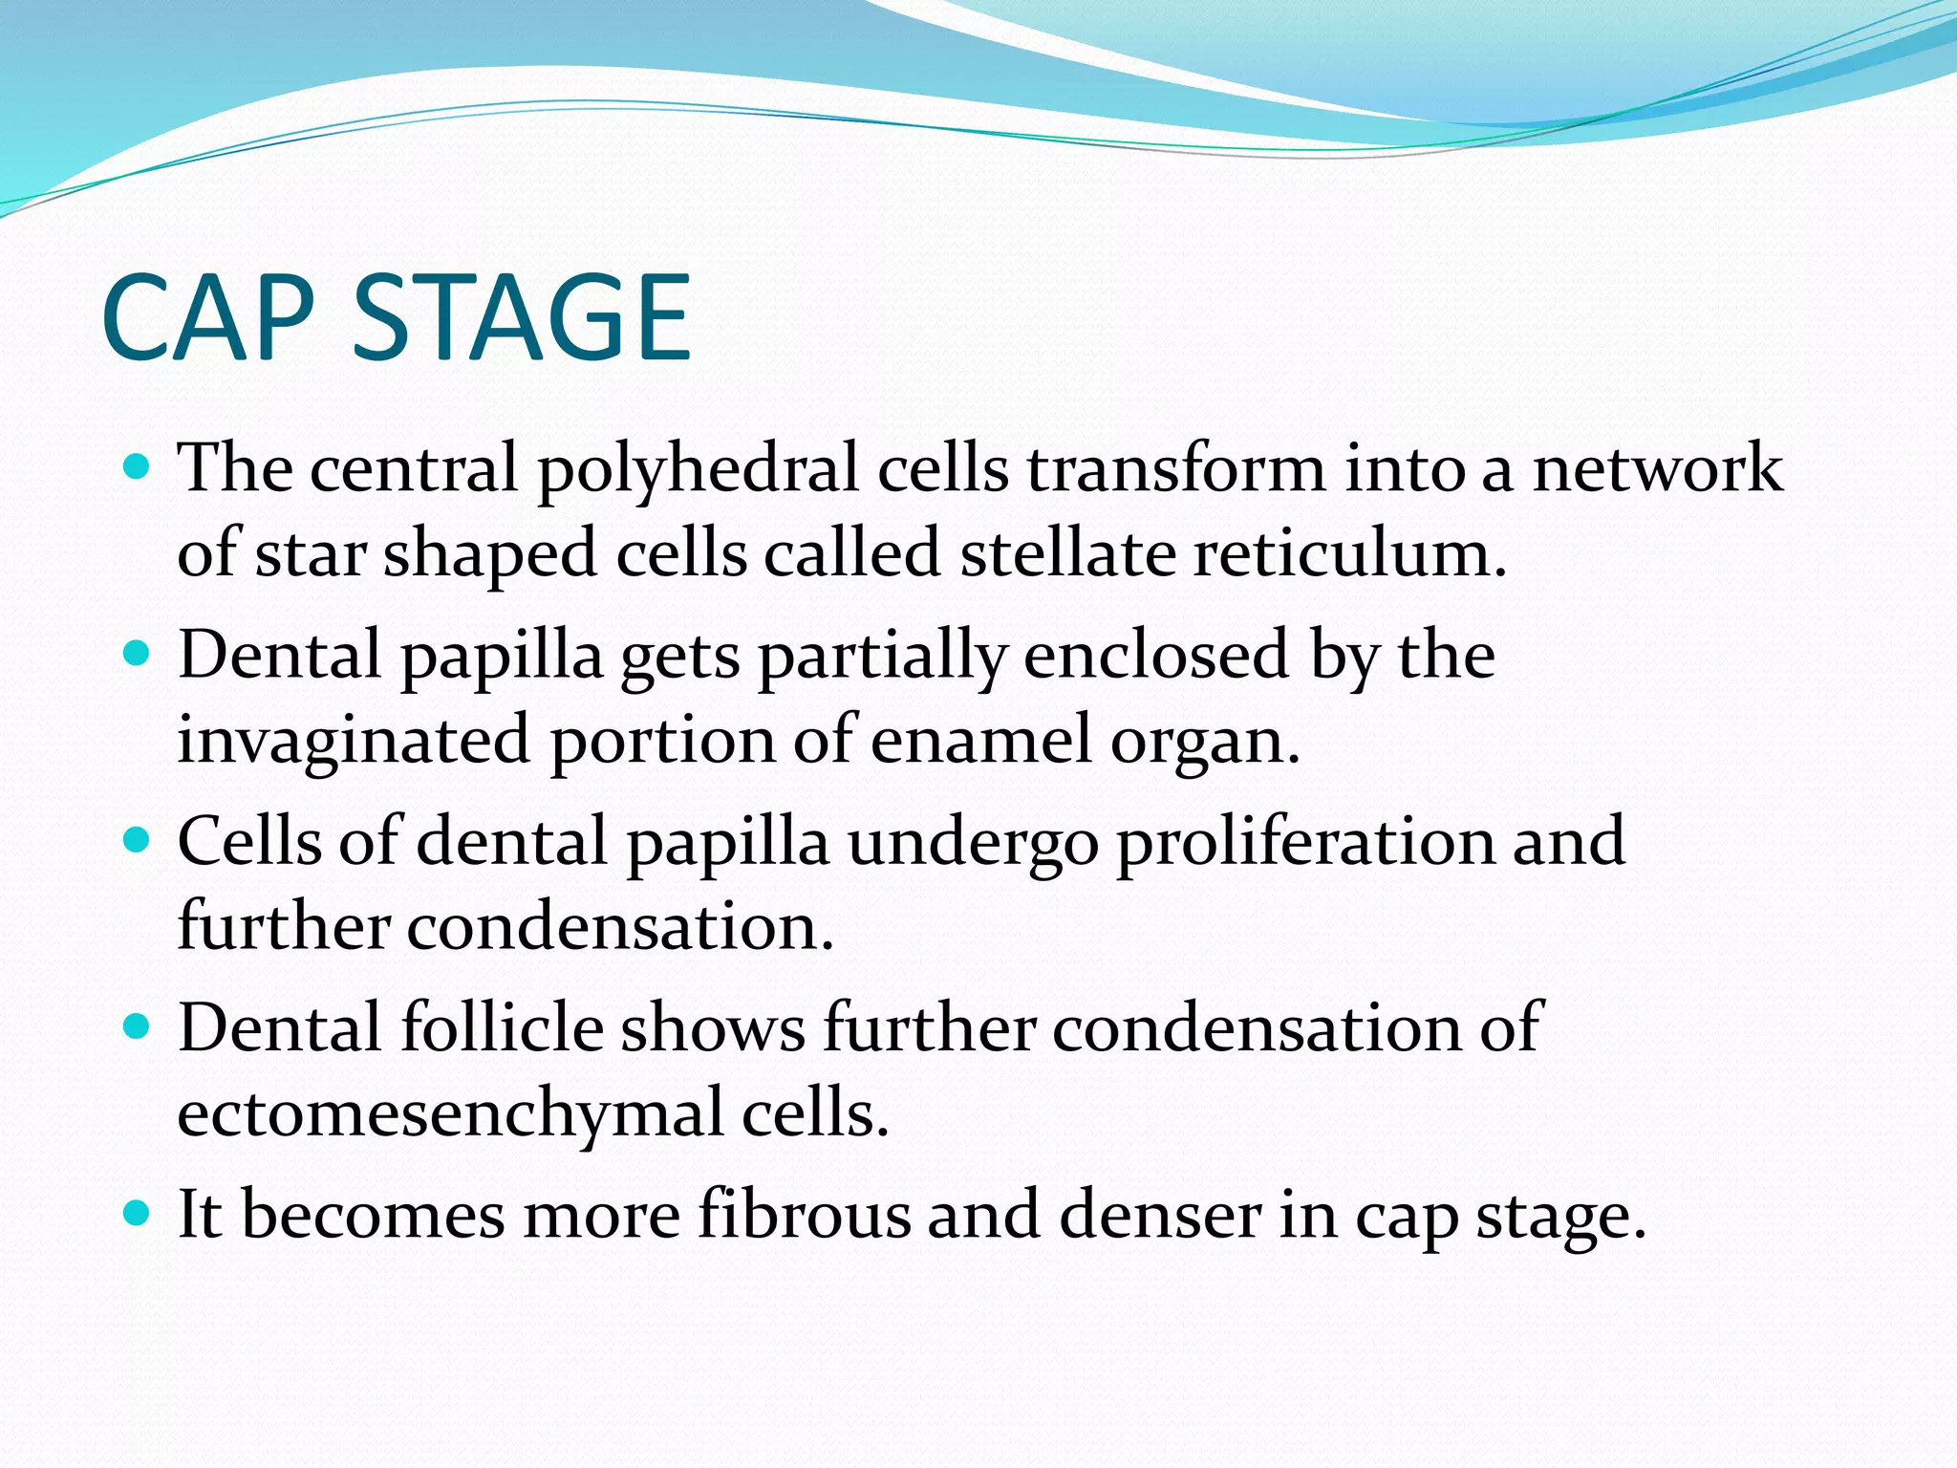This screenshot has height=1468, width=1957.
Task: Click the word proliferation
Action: [x=1304, y=843]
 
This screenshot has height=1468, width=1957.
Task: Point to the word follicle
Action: [x=503, y=1027]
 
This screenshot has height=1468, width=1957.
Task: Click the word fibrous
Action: [x=805, y=1215]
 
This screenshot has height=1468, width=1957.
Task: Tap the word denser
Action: [x=1160, y=1215]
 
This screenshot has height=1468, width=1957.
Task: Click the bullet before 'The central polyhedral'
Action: [x=138, y=467]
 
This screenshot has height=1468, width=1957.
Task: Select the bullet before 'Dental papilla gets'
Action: [x=138, y=654]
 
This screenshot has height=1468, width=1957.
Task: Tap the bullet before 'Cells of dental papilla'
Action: [x=138, y=840]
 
